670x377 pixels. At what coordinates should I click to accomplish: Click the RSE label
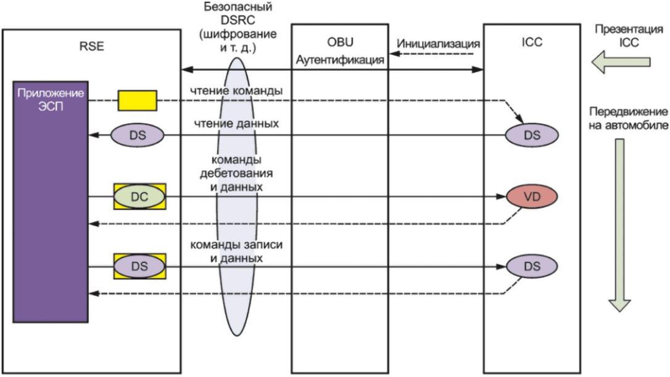tap(92, 45)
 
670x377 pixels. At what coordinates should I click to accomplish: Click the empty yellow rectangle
tap(137, 100)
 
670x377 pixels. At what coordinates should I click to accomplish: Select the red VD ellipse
tap(532, 196)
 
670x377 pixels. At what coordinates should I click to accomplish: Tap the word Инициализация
tap(439, 44)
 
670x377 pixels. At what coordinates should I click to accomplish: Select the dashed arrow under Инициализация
tap(436, 54)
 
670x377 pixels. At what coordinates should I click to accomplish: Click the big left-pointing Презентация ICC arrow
tap(621, 61)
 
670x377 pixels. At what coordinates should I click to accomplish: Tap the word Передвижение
tap(629, 113)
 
